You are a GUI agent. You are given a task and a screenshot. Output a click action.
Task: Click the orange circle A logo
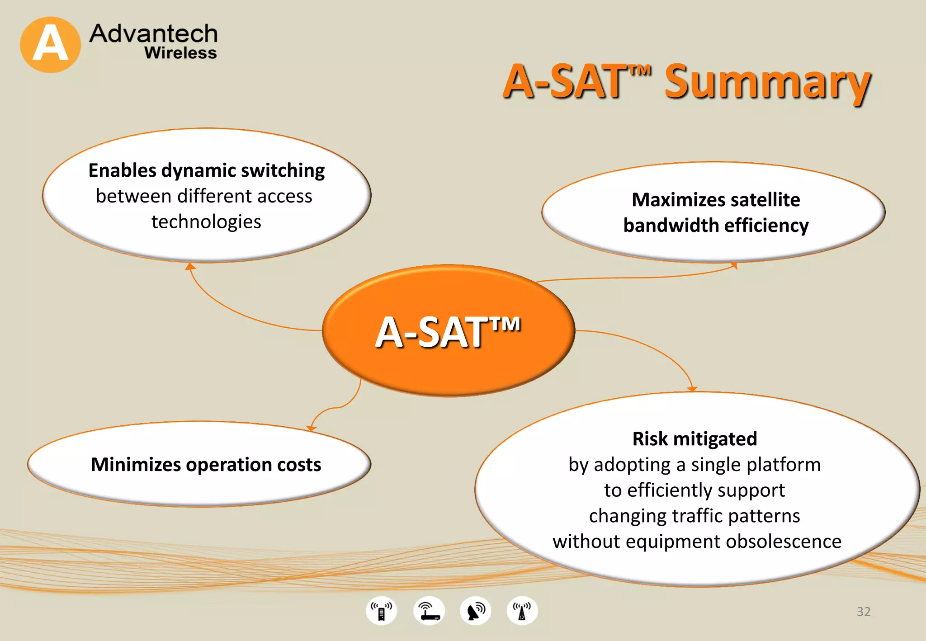pos(50,45)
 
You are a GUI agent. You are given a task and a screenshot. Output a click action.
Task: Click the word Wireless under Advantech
pos(180,53)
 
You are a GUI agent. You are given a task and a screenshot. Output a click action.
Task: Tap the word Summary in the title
pos(767,82)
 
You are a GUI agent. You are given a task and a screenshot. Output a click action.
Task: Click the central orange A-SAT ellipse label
pos(448,332)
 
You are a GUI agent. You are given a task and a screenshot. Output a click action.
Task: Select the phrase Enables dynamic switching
pos(207,171)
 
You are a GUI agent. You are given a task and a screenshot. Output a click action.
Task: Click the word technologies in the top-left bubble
pos(206,222)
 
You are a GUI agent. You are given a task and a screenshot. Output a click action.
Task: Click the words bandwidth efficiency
pos(716,226)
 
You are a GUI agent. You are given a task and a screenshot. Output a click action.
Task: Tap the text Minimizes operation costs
pos(206,465)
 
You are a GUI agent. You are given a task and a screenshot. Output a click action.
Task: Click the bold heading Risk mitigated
pos(694,439)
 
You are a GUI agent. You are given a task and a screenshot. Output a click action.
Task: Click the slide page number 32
pos(863,612)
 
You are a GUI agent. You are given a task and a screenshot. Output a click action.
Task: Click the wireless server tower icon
pos(381,611)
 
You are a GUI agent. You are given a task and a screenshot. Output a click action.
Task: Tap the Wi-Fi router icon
pos(429,611)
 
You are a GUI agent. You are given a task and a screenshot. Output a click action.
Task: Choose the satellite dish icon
pos(475,611)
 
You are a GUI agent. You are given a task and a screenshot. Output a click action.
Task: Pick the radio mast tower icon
pos(522,611)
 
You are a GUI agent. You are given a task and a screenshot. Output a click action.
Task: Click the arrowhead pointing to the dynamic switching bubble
pos(190,267)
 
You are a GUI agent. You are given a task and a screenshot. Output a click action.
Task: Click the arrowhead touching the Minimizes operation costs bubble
pos(312,428)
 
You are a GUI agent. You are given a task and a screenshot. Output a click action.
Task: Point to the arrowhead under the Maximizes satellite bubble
pos(734,266)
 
